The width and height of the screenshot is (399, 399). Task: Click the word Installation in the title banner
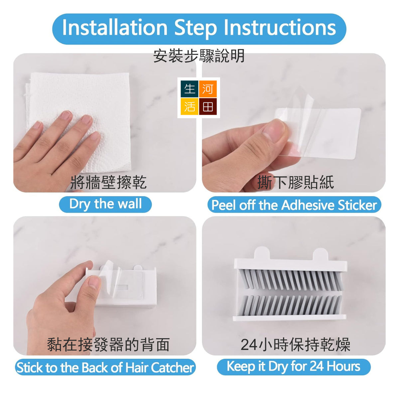(114, 28)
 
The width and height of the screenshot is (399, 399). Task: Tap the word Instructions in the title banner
(280, 28)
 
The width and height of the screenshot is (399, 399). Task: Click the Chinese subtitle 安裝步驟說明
(199, 56)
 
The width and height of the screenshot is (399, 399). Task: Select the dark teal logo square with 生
(190, 89)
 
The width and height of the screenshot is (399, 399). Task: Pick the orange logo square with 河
(208, 89)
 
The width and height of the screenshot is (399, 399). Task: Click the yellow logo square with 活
(190, 107)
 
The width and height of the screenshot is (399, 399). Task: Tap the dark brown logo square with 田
(208, 107)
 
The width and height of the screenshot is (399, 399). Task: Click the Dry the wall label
(105, 204)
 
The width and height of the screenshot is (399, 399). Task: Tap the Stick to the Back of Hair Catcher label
(105, 367)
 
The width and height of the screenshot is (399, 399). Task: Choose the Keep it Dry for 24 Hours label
(294, 367)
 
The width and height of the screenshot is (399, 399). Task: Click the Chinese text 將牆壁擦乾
(108, 182)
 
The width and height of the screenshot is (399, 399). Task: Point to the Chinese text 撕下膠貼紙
(296, 182)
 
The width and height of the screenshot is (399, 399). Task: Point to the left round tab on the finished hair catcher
(262, 253)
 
